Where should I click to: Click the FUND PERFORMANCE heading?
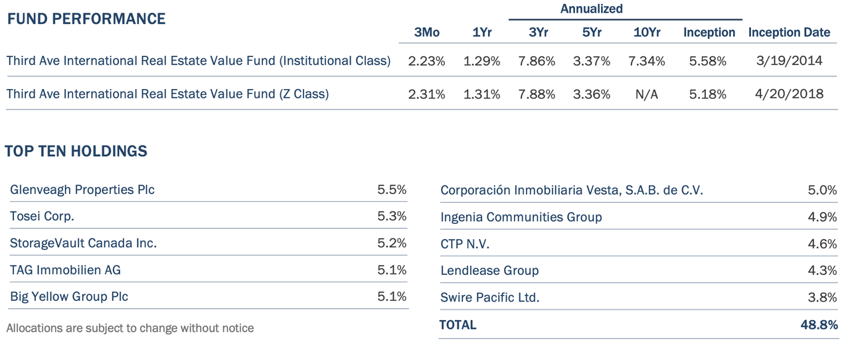point(86,19)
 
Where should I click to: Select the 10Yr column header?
point(647,33)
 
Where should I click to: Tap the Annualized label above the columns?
point(591,9)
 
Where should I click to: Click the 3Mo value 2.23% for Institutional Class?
point(426,60)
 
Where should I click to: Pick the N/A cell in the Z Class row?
point(647,94)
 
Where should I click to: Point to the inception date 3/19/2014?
point(790,60)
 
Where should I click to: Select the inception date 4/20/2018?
point(790,94)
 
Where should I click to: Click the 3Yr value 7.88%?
point(537,94)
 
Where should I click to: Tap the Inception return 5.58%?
point(708,60)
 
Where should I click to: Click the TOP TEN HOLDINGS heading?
point(76,151)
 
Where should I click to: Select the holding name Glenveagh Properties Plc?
point(82,189)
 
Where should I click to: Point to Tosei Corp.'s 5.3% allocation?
point(392,216)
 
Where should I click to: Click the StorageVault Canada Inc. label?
point(84,243)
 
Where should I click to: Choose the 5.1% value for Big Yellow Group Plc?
point(392,296)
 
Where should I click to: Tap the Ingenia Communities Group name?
point(521,217)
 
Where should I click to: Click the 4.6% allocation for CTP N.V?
point(822,243)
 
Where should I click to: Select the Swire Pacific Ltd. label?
point(490,298)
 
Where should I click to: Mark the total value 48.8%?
point(819,325)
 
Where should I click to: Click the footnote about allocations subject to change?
point(130,328)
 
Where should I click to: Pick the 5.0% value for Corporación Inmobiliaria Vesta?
point(822,190)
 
